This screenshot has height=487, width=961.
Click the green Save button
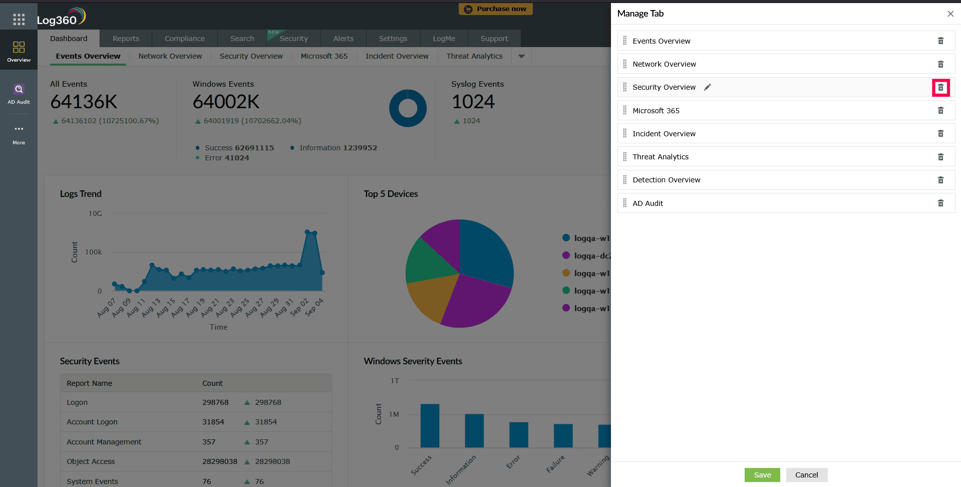[762, 475]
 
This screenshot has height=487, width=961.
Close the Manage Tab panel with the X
[950, 14]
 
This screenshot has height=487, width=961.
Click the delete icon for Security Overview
[940, 88]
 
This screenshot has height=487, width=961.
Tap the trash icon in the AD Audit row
[940, 203]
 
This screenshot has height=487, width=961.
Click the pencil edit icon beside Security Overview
[707, 87]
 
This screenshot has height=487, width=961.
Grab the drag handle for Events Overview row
[624, 41]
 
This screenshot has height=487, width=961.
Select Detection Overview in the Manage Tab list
[666, 180]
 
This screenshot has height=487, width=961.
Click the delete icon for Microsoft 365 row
[940, 111]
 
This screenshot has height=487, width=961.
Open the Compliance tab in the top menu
[184, 39]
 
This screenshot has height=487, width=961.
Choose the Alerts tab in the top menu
[343, 39]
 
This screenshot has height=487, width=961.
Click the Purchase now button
[495, 9]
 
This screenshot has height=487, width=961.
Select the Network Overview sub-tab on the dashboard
[170, 56]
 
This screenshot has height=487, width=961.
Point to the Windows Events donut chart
[408, 108]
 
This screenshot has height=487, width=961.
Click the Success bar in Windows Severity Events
[430, 425]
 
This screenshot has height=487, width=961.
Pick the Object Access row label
[91, 461]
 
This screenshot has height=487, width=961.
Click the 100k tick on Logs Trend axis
[93, 252]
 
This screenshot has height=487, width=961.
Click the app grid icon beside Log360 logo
[19, 20]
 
